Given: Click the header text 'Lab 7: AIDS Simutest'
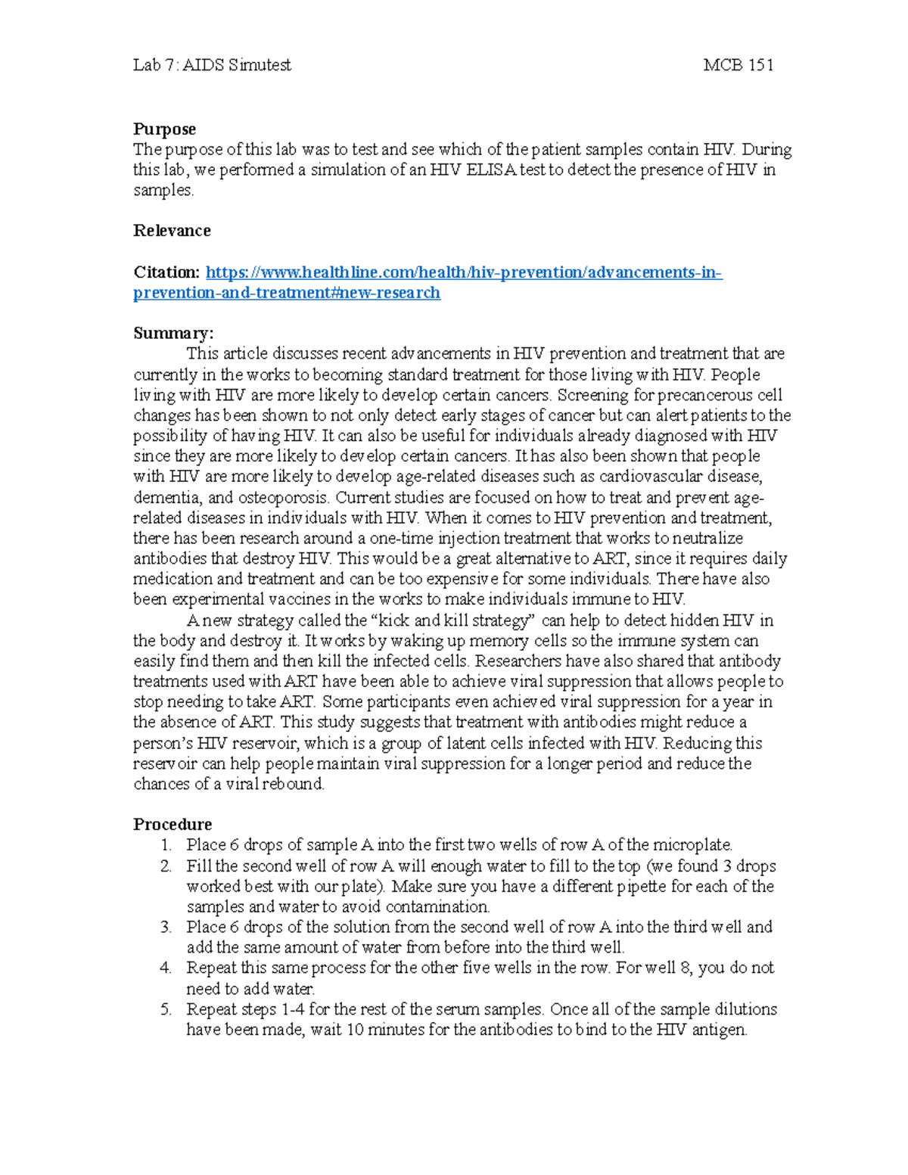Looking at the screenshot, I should tap(212, 65).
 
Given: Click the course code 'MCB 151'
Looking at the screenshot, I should tap(738, 65).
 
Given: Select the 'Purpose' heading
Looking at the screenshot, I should tap(164, 129).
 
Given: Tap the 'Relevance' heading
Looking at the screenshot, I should tap(172, 231).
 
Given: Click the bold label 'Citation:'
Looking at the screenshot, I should tap(166, 272).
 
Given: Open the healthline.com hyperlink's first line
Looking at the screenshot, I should tap(464, 272).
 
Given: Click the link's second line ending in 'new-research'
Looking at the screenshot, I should tap(287, 293).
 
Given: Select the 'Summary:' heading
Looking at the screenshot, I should tap(173, 334).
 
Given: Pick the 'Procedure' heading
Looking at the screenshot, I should tap(173, 825).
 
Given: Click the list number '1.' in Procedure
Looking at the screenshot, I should tap(166, 845).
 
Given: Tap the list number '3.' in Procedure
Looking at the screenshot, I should tap(166, 928).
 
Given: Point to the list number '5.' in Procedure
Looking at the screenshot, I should tap(166, 1009).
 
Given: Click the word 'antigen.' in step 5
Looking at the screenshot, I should tap(719, 1030).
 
